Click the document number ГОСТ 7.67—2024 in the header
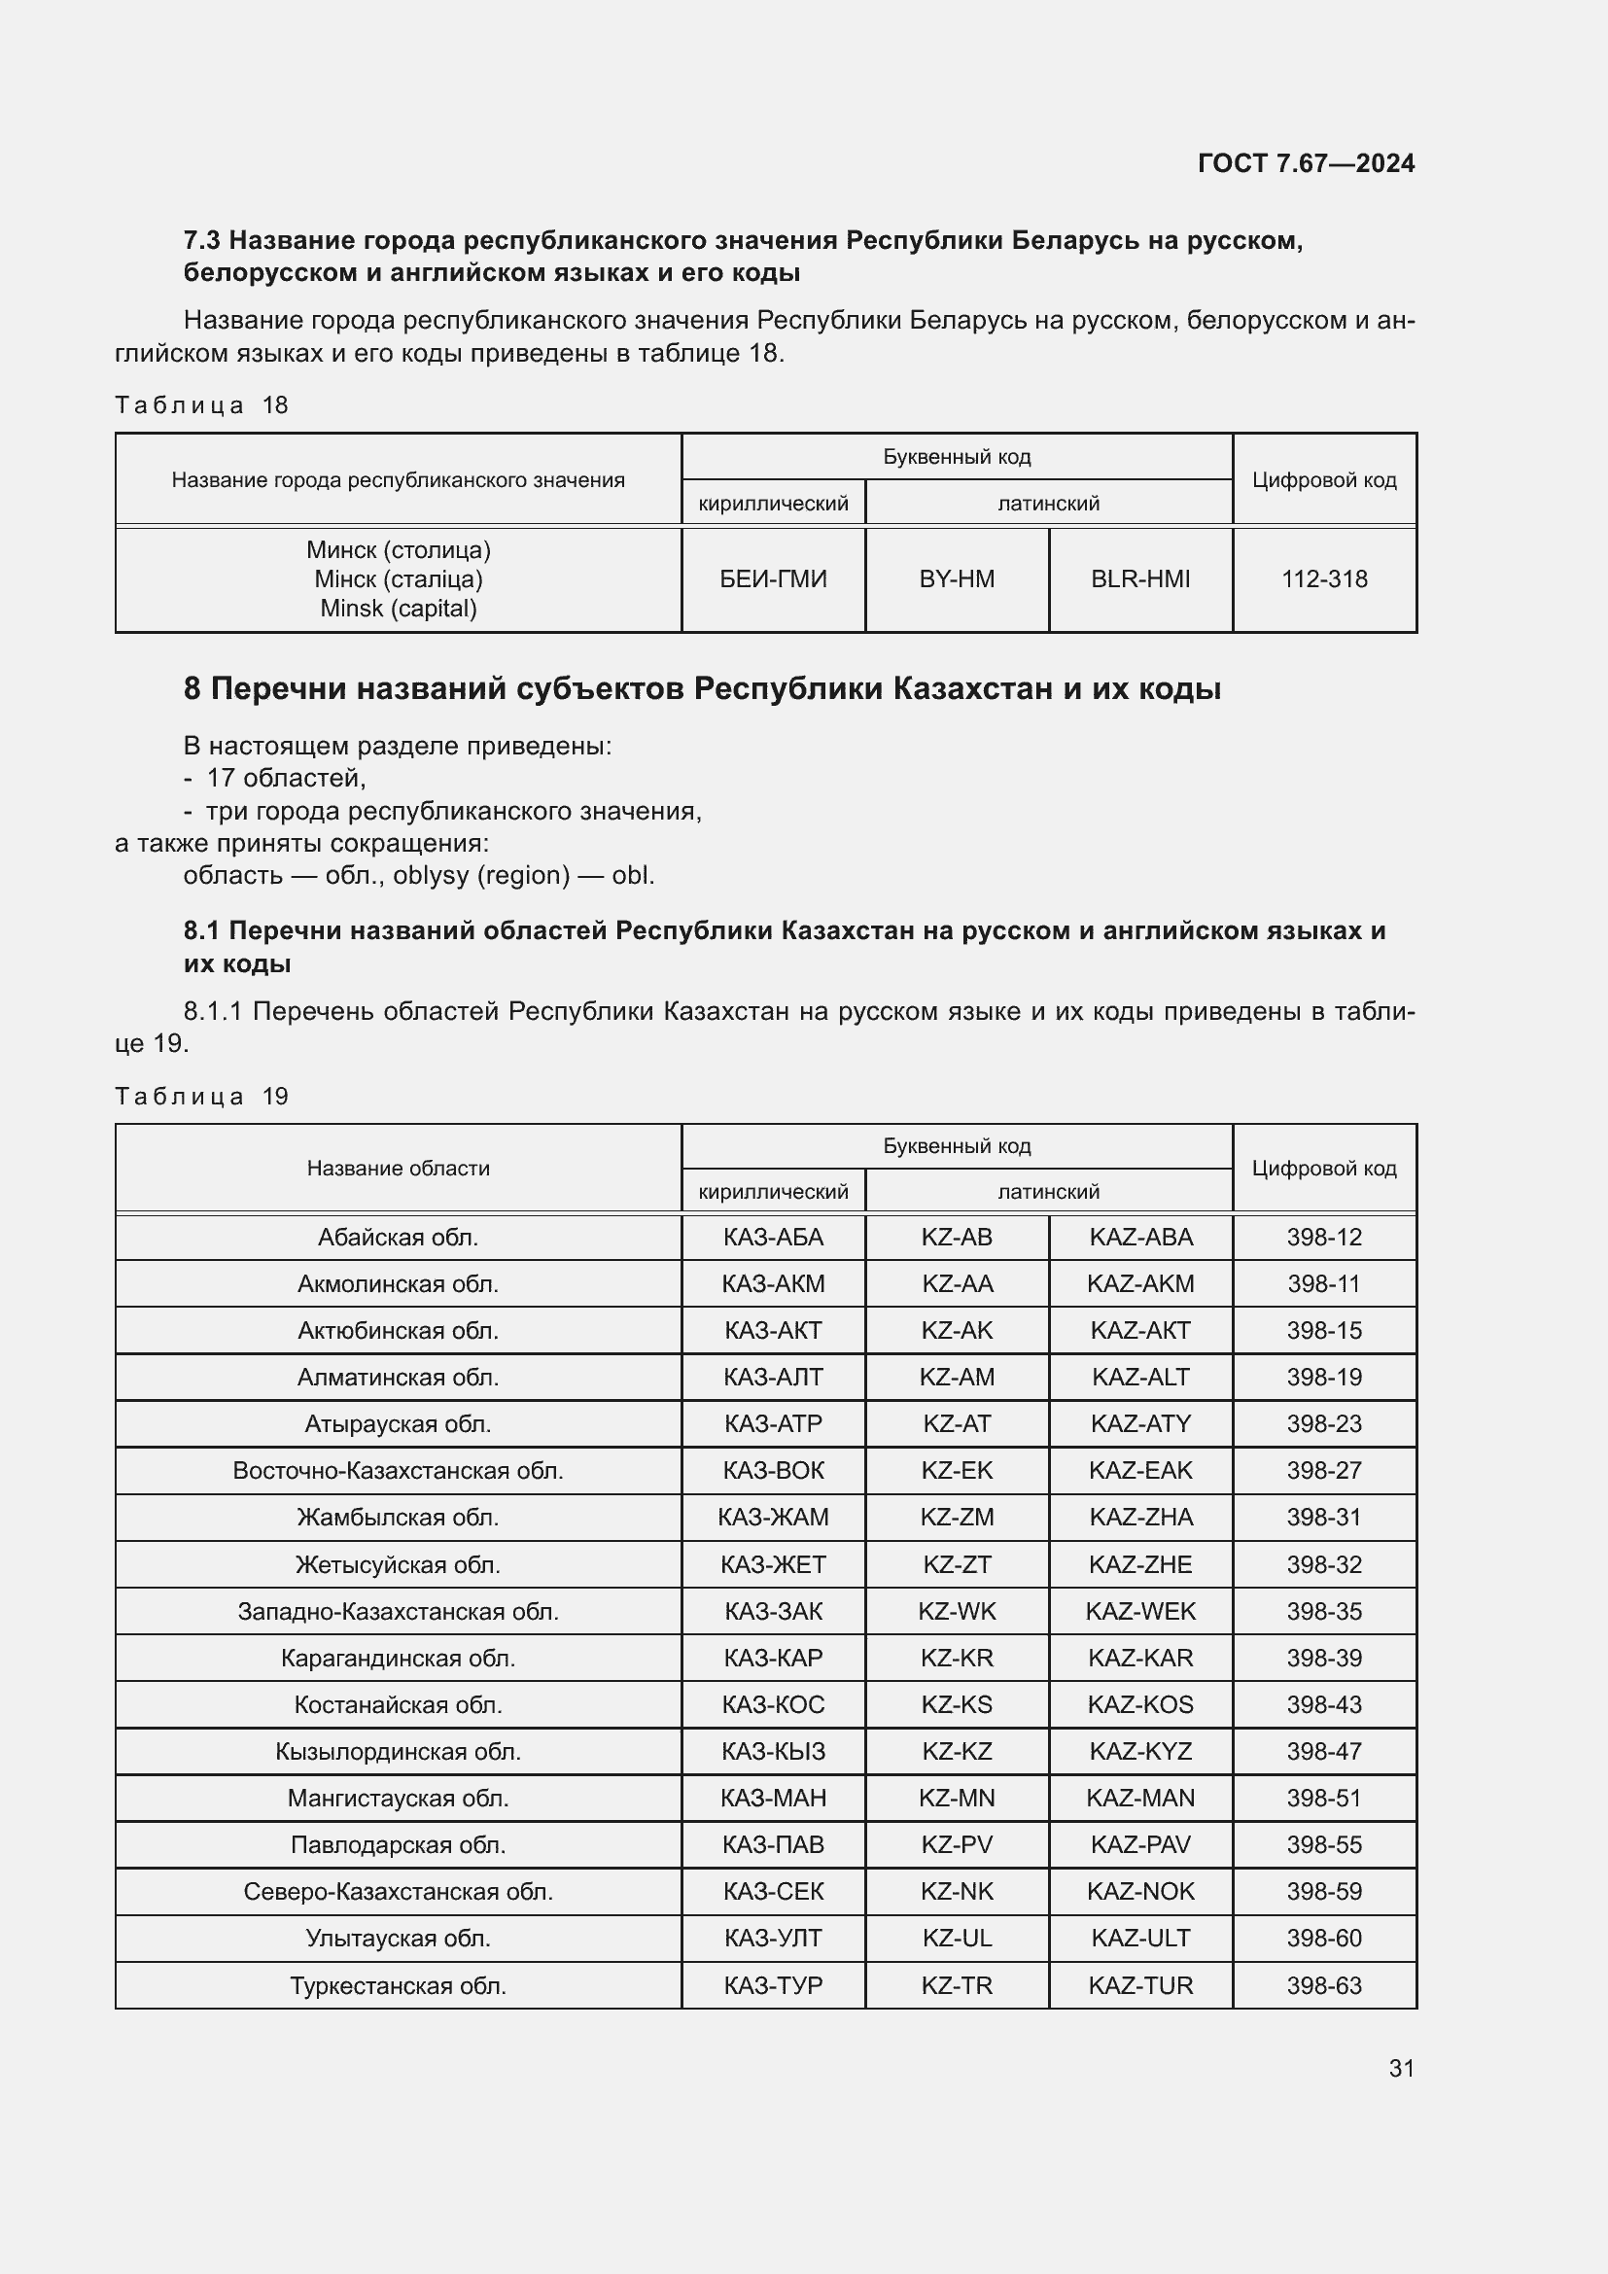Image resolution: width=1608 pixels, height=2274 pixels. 1305,163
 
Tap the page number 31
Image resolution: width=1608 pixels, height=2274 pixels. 1401,2068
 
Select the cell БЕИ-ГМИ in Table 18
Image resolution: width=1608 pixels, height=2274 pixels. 772,579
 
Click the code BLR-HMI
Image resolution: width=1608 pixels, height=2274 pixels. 1139,579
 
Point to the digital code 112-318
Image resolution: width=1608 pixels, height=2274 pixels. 1324,579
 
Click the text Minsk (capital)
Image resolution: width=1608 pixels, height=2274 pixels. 398,608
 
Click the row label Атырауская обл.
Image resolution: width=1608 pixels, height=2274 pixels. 398,1424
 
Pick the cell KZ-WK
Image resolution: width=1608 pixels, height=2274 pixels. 957,1611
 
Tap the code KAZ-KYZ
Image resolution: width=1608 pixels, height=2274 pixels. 1139,1751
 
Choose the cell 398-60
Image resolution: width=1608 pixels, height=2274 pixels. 1324,1939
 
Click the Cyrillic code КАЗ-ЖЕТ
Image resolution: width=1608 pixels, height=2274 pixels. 772,1565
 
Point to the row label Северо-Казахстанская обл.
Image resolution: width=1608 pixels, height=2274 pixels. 398,1892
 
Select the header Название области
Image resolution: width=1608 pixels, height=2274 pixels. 398,1169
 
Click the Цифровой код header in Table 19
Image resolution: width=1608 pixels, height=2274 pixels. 1324,1169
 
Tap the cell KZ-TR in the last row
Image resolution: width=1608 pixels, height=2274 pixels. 957,1986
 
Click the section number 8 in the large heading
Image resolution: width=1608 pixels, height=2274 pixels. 192,688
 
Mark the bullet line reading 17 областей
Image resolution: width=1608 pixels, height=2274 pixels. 285,779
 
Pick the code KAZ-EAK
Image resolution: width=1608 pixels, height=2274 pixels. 1139,1471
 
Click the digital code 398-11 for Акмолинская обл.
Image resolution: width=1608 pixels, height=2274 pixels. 1324,1284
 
